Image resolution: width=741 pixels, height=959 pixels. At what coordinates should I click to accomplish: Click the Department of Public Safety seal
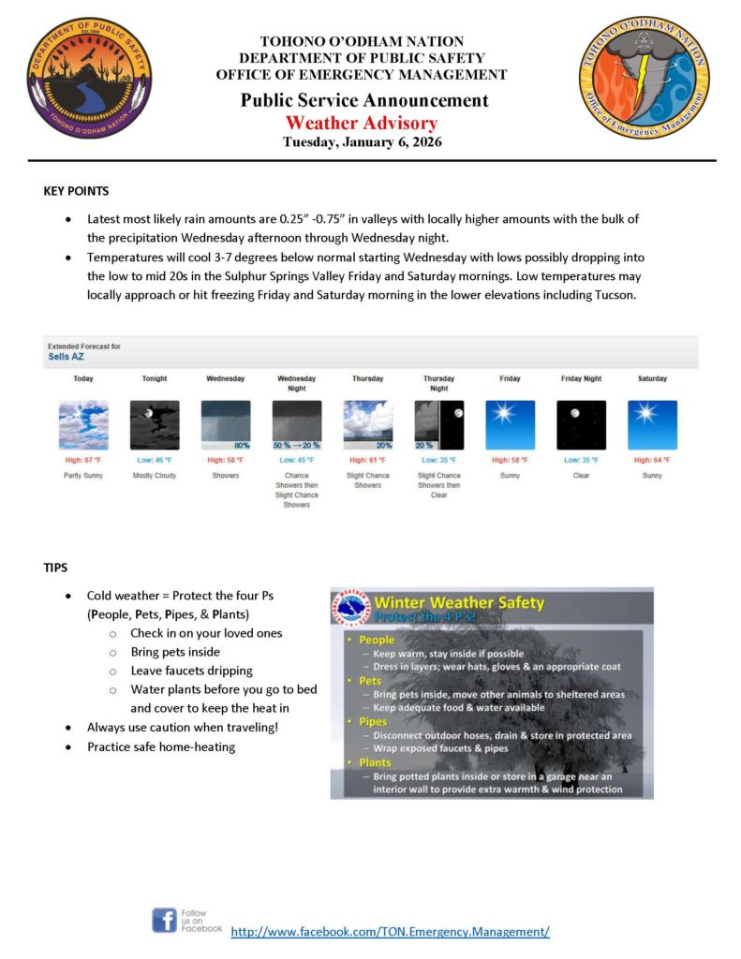tap(89, 78)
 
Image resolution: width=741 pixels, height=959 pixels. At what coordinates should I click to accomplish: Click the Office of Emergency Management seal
tap(644, 78)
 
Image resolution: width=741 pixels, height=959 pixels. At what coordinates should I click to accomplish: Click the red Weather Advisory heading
tap(362, 123)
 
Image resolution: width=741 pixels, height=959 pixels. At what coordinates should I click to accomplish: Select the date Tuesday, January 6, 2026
tap(362, 142)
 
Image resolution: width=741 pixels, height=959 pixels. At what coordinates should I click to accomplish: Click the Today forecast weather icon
tap(83, 425)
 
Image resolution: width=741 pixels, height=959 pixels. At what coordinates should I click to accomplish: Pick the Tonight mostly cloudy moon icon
tap(155, 425)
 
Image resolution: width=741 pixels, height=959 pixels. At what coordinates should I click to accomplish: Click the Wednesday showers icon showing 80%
tap(226, 425)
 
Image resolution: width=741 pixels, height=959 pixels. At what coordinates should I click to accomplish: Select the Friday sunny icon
tap(511, 425)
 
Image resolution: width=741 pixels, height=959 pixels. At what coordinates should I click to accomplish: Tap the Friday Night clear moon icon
tap(582, 425)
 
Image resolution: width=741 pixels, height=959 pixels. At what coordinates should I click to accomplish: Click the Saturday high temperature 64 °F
tap(653, 460)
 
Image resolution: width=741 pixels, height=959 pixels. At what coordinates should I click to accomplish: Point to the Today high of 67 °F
tap(83, 460)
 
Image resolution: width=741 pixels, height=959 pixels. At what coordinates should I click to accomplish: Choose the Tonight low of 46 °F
tap(155, 460)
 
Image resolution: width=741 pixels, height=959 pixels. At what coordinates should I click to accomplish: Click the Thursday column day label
tap(367, 378)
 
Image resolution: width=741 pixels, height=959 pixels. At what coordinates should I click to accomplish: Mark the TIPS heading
tap(56, 568)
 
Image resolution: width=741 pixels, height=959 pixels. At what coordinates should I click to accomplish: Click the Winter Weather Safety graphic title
tap(459, 603)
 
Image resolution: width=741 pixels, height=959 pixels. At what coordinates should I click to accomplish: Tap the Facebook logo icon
tap(165, 920)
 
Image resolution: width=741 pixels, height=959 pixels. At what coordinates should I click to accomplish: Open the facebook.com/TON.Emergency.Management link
tap(390, 932)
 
